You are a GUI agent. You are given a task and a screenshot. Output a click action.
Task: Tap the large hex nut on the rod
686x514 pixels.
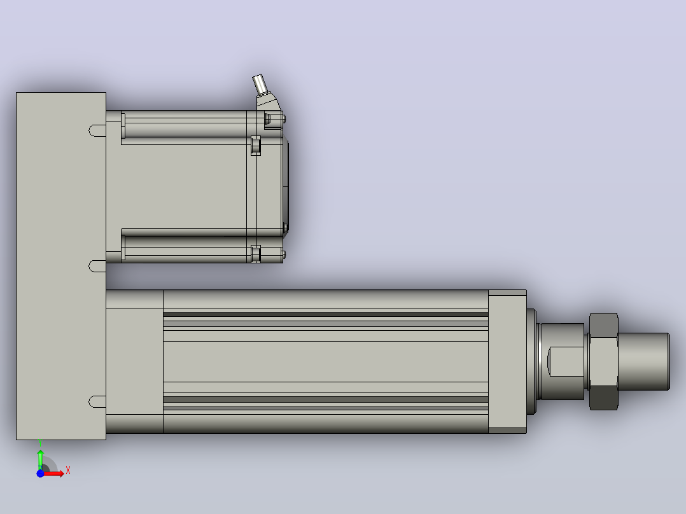coord(603,361)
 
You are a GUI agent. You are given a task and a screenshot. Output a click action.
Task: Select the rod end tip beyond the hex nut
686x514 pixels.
coord(643,361)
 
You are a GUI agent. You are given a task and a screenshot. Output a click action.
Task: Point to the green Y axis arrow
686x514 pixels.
coord(40,459)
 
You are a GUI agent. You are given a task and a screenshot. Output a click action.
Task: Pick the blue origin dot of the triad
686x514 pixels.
coord(40,473)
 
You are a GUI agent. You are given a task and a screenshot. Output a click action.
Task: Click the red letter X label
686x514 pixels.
coord(68,470)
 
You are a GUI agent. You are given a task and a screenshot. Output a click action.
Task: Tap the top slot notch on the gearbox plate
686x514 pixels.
coord(97,130)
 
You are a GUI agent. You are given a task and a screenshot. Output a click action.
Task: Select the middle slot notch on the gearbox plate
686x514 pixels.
coord(97,265)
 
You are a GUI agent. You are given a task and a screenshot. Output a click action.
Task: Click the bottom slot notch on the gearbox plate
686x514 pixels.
coord(97,401)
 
